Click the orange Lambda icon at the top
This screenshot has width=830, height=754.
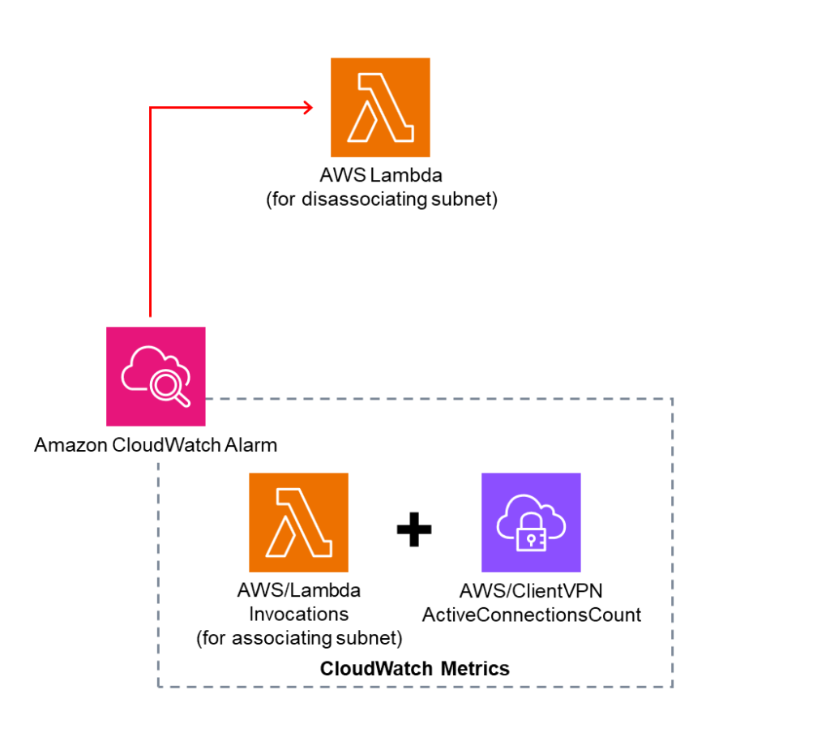tap(380, 107)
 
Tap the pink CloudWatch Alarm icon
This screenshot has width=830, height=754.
tap(156, 376)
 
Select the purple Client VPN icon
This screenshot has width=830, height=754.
tap(531, 523)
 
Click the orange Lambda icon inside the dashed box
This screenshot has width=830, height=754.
tap(298, 523)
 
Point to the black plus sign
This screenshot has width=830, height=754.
tap(414, 529)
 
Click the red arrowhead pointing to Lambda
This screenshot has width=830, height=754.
tap(307, 107)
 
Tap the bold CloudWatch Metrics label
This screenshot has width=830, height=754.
tap(414, 669)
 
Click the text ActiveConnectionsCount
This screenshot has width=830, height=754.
tap(531, 615)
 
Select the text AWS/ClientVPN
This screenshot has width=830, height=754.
tap(531, 592)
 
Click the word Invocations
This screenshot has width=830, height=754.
tap(298, 614)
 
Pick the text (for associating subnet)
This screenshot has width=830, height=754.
tap(299, 638)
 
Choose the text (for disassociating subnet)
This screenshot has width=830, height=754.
tap(381, 199)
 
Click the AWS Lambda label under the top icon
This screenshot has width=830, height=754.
tap(381, 176)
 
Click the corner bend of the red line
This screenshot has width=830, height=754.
tap(151, 107)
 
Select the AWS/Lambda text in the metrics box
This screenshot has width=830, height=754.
tap(298, 591)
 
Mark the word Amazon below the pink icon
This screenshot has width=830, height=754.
tap(65, 445)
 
